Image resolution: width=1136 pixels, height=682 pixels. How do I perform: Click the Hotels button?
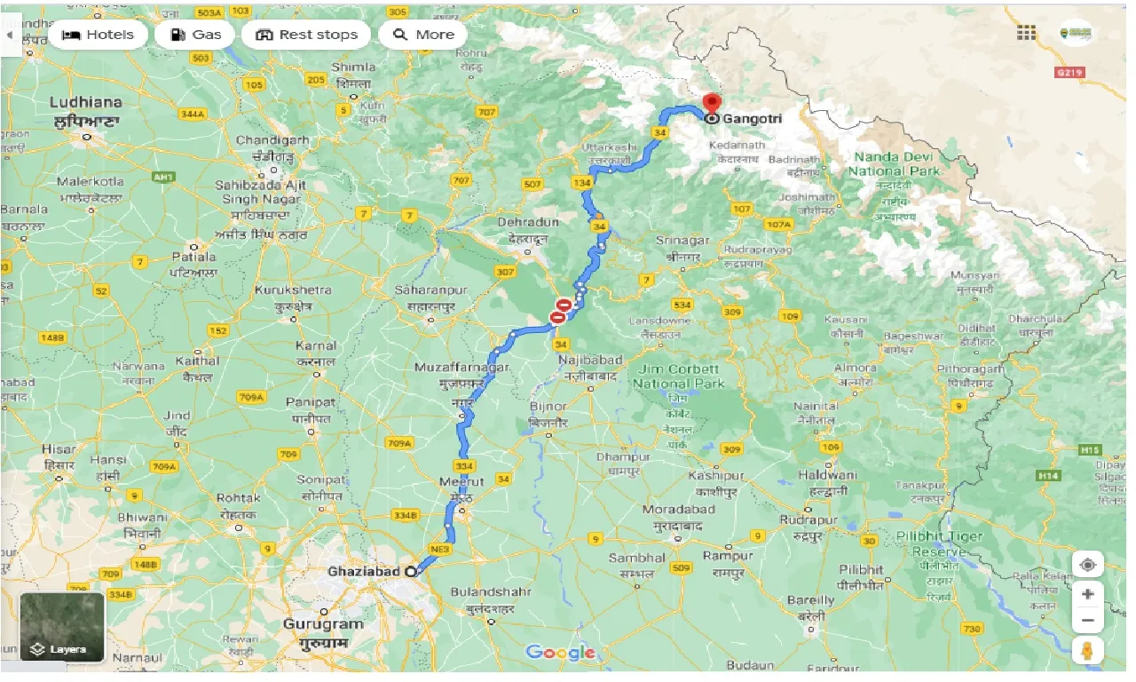click(98, 35)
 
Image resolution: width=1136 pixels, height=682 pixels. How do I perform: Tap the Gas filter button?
click(194, 35)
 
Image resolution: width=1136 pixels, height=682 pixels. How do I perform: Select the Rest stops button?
click(306, 35)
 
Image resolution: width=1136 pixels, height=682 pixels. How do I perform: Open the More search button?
click(423, 35)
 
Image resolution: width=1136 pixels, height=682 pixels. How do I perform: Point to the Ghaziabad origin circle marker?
click(411, 572)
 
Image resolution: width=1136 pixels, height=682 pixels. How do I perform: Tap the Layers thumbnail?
click(62, 627)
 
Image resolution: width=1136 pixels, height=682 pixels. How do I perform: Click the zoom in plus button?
click(1087, 593)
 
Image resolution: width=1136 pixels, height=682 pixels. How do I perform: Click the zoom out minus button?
click(1087, 620)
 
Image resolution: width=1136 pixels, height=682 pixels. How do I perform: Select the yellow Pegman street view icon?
click(1087, 651)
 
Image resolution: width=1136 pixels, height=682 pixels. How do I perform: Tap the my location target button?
click(1087, 565)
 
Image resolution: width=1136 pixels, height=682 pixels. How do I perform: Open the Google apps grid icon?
click(1026, 33)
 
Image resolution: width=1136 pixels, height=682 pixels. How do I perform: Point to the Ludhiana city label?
click(86, 102)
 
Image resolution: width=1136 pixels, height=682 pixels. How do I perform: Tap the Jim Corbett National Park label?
click(679, 377)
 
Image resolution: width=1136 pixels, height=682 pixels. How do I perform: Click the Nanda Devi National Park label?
click(894, 163)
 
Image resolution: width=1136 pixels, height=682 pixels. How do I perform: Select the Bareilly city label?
click(810, 600)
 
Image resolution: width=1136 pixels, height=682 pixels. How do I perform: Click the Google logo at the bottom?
click(559, 653)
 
